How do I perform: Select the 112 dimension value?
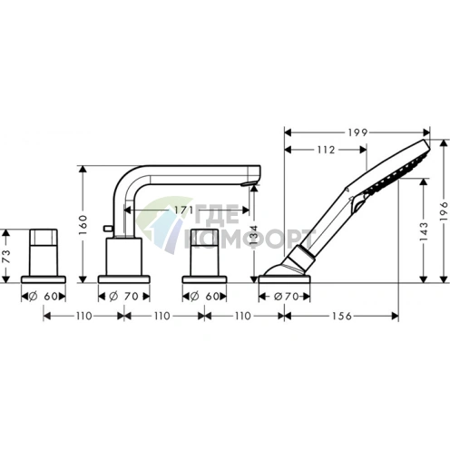pyautogui.click(x=327, y=150)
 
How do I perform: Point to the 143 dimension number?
pyautogui.click(x=423, y=231)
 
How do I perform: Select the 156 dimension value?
pyautogui.click(x=341, y=317)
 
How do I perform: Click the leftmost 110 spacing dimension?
pyautogui.click(x=84, y=317)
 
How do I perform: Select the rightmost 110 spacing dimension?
pyautogui.click(x=243, y=317)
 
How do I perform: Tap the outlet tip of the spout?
pyautogui.click(x=252, y=183)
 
